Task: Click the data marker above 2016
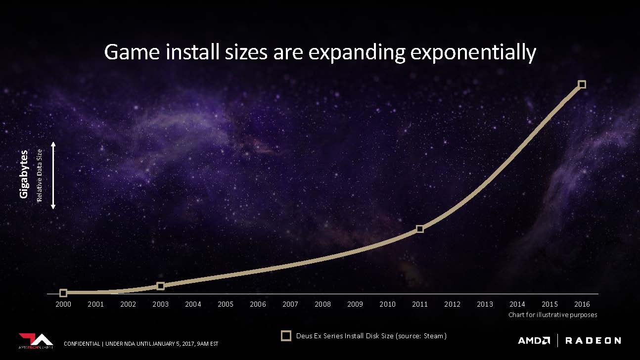(x=582, y=84)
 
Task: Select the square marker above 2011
(x=420, y=229)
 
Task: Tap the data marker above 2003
(x=161, y=286)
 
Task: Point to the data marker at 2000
(x=63, y=293)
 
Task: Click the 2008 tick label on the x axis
(x=322, y=304)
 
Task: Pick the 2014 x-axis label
(x=517, y=304)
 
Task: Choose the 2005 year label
(x=226, y=304)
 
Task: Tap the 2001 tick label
(x=96, y=304)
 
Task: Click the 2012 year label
(x=452, y=304)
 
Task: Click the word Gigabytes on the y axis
(x=24, y=174)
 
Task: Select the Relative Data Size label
(x=40, y=176)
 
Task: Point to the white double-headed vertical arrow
(x=53, y=176)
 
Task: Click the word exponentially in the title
(x=473, y=52)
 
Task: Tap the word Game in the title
(x=132, y=52)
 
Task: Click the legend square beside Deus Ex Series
(x=286, y=336)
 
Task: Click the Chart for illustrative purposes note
(x=552, y=315)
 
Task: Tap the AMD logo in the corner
(x=534, y=341)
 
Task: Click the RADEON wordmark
(x=593, y=341)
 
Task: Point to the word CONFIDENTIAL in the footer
(x=82, y=344)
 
